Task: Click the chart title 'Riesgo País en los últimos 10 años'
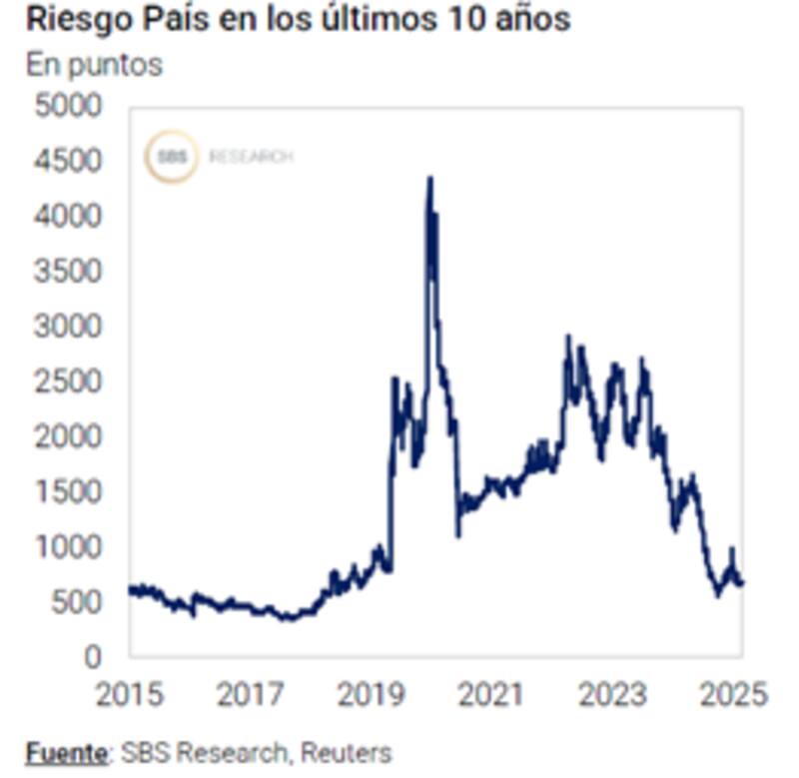tap(298, 19)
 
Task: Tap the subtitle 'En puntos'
tap(94, 64)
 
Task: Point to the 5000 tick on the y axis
tap(68, 105)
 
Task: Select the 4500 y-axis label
tap(68, 161)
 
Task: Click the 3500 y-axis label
tap(68, 271)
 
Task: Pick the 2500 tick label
tap(68, 381)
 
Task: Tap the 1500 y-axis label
tap(68, 490)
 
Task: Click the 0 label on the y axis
tap(93, 656)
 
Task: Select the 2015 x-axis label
tap(129, 693)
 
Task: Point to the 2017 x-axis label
tap(251, 693)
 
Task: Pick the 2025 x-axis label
tap(733, 693)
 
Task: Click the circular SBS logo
tap(172, 157)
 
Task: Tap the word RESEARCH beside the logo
tap(251, 157)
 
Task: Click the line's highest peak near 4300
tap(429, 180)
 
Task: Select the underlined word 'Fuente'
tap(66, 752)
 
